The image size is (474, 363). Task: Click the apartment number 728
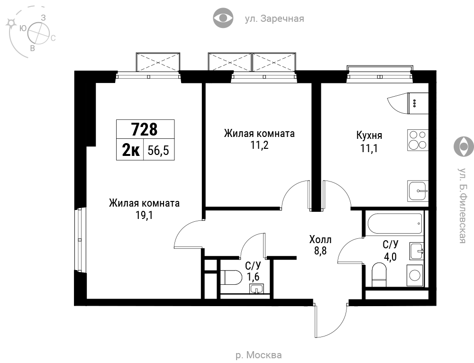145,129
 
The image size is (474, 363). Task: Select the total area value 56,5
158,150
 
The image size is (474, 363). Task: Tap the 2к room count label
131,150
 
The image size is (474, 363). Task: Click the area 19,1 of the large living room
144,215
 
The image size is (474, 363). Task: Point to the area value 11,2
259,145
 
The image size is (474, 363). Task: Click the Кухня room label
369,135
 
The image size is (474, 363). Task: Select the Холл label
320,240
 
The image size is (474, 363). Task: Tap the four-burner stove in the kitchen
418,140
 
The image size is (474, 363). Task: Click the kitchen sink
418,191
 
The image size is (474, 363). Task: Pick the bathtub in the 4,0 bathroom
395,223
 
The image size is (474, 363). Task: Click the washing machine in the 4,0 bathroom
414,275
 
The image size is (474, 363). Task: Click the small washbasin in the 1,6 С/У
256,289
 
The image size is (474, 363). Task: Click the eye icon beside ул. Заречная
223,18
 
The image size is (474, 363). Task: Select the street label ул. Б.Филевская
462,206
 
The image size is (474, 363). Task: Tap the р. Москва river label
258,355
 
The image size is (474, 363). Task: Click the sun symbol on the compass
11,23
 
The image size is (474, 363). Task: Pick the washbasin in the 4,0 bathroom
417,251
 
